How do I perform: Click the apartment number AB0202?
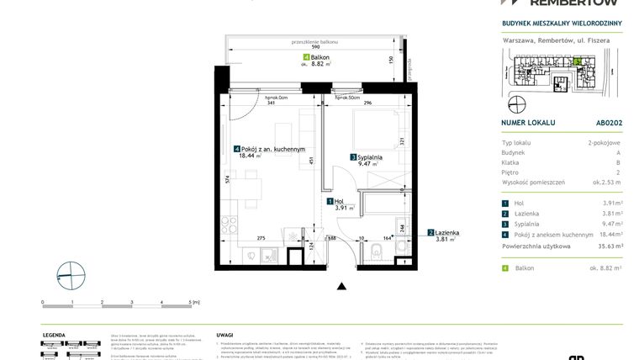608,122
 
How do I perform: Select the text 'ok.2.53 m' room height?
605,182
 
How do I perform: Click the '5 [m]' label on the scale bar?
193,300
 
